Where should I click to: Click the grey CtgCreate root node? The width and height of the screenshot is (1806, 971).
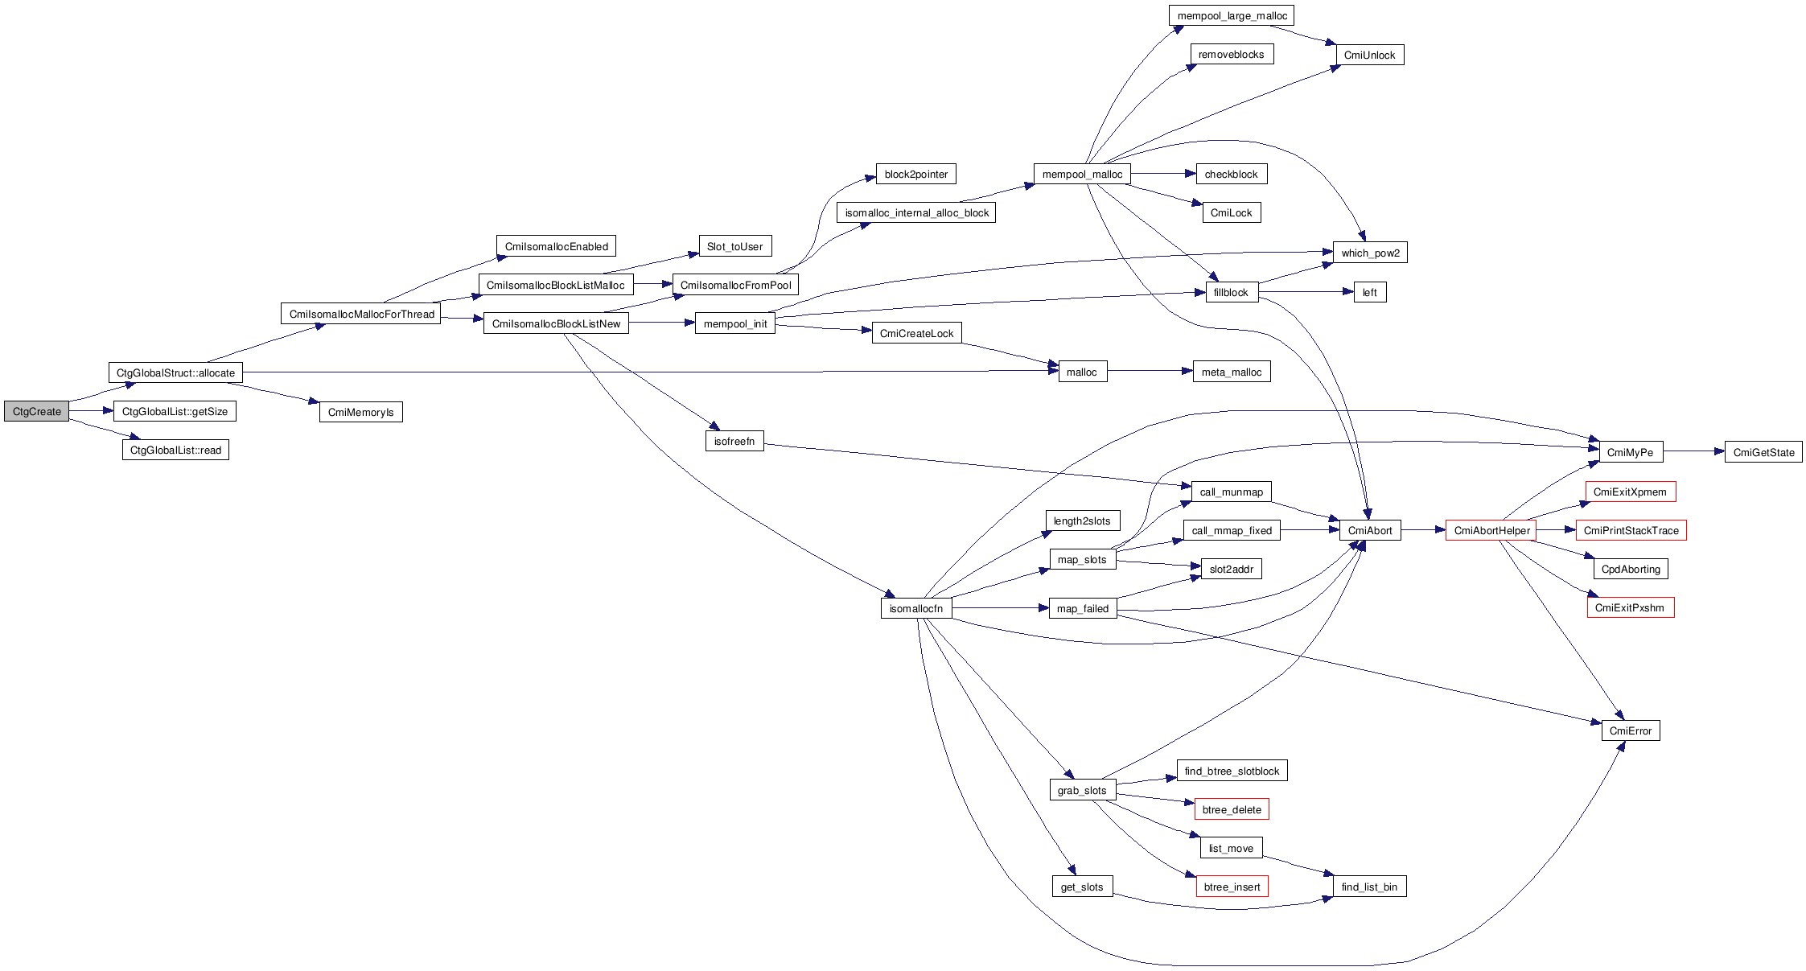(x=36, y=411)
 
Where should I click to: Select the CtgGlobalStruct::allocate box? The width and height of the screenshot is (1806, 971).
(x=175, y=372)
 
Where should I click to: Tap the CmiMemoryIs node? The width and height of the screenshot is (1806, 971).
(x=360, y=412)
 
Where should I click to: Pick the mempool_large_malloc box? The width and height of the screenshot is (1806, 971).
(x=1232, y=15)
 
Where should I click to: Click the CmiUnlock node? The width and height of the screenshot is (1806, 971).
(x=1369, y=55)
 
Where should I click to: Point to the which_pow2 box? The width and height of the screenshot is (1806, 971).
(x=1370, y=253)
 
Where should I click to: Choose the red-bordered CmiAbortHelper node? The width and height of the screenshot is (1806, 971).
(x=1491, y=530)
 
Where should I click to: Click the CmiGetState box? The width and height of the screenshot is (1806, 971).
(x=1763, y=452)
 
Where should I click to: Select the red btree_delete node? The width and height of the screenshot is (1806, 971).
(x=1232, y=809)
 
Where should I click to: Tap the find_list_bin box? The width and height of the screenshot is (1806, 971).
(x=1369, y=887)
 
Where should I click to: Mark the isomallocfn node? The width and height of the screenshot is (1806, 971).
(x=916, y=608)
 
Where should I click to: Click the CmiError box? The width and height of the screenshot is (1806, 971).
(x=1630, y=730)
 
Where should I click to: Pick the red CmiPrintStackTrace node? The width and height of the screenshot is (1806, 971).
(x=1631, y=530)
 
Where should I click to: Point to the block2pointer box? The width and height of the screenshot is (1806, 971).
(x=915, y=174)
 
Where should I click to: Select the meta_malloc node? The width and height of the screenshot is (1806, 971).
(x=1231, y=372)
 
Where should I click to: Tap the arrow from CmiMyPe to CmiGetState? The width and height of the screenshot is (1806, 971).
(x=1693, y=451)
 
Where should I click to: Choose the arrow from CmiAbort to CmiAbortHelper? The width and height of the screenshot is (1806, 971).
(x=1423, y=530)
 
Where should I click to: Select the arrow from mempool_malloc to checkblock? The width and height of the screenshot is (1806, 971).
(x=1163, y=174)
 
